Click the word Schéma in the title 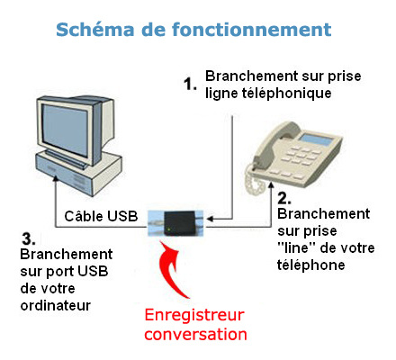click(x=95, y=30)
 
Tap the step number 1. click(x=190, y=84)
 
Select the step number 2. click(x=284, y=198)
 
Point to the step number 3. click(x=29, y=238)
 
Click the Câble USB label click(x=101, y=216)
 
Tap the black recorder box click(x=179, y=223)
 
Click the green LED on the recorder click(x=169, y=230)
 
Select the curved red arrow click(x=170, y=267)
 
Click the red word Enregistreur click(x=194, y=315)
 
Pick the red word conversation click(x=195, y=334)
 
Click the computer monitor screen click(x=65, y=130)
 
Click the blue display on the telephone click(x=317, y=139)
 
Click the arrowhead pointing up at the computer click(x=56, y=178)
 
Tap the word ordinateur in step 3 click(x=56, y=305)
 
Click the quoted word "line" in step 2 click(x=293, y=247)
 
